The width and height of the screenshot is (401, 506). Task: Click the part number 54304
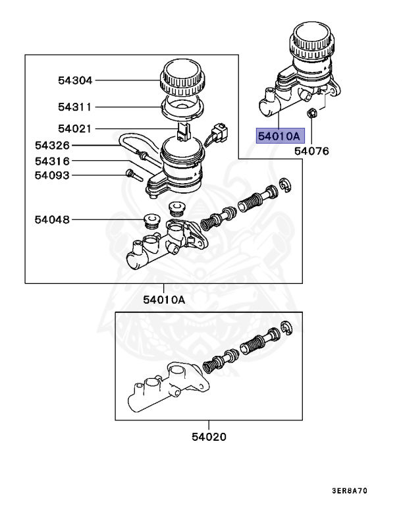click(74, 80)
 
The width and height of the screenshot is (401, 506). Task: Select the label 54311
click(74, 106)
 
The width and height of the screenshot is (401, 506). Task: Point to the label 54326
click(52, 144)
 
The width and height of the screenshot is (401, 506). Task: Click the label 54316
click(52, 161)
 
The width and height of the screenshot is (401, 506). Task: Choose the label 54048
click(52, 219)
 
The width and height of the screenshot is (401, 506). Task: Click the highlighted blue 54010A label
click(279, 136)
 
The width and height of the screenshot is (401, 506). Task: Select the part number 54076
click(311, 151)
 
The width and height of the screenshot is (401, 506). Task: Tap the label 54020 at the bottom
click(209, 437)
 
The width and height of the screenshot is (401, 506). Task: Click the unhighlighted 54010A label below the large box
click(164, 300)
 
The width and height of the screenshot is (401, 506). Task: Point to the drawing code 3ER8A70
click(361, 491)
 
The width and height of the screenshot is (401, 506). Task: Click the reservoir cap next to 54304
click(179, 76)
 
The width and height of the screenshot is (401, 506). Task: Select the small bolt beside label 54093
click(131, 175)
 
